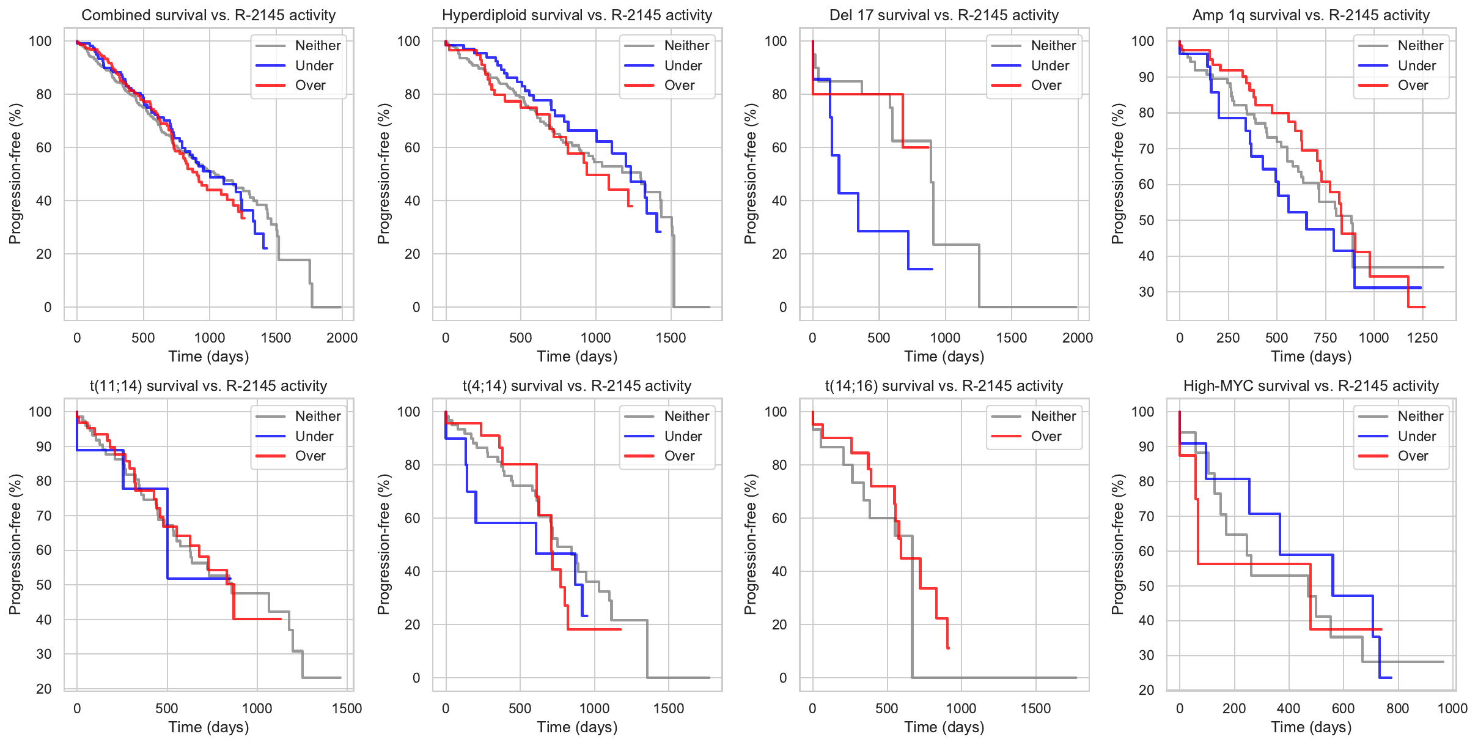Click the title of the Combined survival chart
[208, 15]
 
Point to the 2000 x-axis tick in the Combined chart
[342, 338]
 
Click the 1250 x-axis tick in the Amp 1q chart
[1422, 338]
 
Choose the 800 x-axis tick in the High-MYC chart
[1397, 708]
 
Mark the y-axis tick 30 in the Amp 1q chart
[1146, 292]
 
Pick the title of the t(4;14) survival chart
[576, 386]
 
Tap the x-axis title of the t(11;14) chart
[208, 727]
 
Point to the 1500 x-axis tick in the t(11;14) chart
[347, 708]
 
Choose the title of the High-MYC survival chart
[1311, 386]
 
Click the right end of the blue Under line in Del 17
[932, 269]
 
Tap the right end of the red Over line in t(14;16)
[948, 648]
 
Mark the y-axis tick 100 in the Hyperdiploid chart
[409, 41]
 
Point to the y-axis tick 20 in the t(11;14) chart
[44, 689]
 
